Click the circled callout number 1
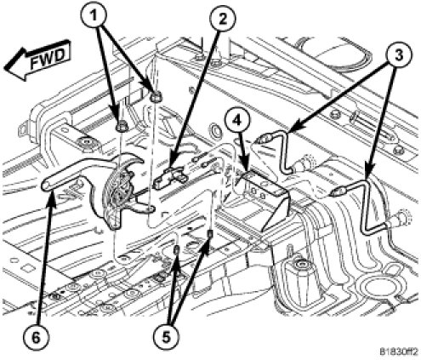93,14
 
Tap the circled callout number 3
399,54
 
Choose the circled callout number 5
166,337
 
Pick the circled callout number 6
36,338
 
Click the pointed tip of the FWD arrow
4,69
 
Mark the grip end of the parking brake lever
46,185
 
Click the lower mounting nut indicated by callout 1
122,126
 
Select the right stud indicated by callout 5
210,235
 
